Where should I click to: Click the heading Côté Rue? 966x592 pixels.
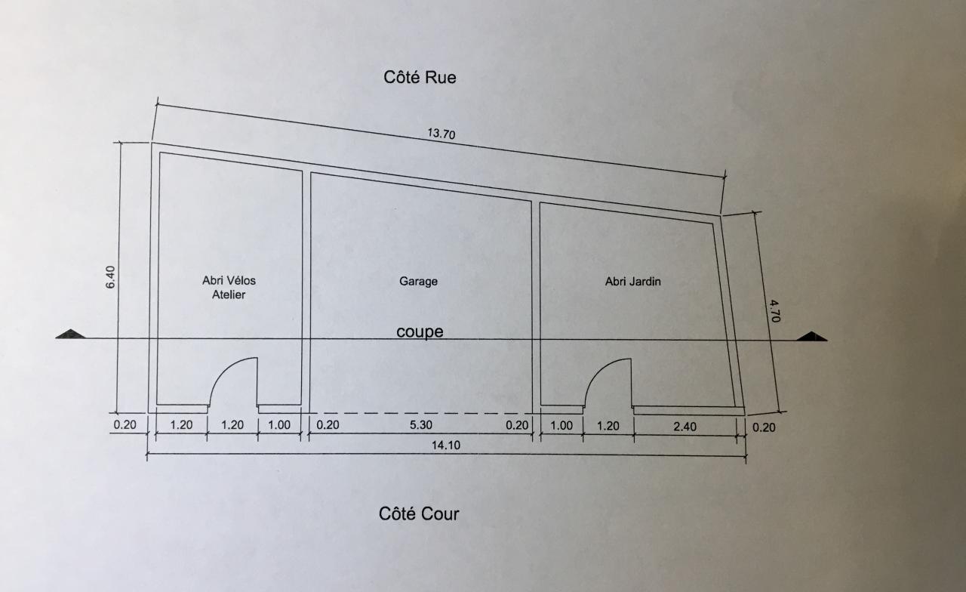[x=420, y=77]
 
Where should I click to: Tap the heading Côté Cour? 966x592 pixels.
[x=419, y=514]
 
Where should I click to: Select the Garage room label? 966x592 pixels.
[x=418, y=282]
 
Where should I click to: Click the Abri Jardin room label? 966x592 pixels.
[x=633, y=282]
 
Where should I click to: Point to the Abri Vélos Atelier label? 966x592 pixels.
[x=229, y=288]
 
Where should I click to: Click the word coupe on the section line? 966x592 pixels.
[x=420, y=332]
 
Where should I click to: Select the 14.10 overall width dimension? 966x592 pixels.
[x=446, y=446]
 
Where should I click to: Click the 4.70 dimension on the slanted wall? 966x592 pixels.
[x=773, y=310]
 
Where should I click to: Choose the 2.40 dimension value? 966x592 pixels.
[x=685, y=426]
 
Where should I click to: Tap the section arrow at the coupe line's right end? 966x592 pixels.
[x=813, y=336]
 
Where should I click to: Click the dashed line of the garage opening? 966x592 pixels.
[x=420, y=413]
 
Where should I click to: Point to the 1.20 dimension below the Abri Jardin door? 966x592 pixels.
[x=608, y=426]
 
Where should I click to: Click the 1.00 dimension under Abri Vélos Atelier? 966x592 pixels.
[x=278, y=425]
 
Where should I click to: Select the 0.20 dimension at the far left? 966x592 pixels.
[x=125, y=425]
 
